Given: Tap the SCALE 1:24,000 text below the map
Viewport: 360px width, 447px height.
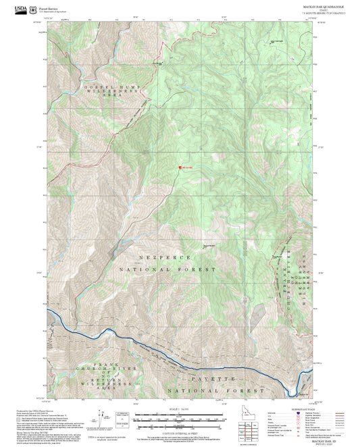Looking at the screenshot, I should (x=178, y=409).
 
